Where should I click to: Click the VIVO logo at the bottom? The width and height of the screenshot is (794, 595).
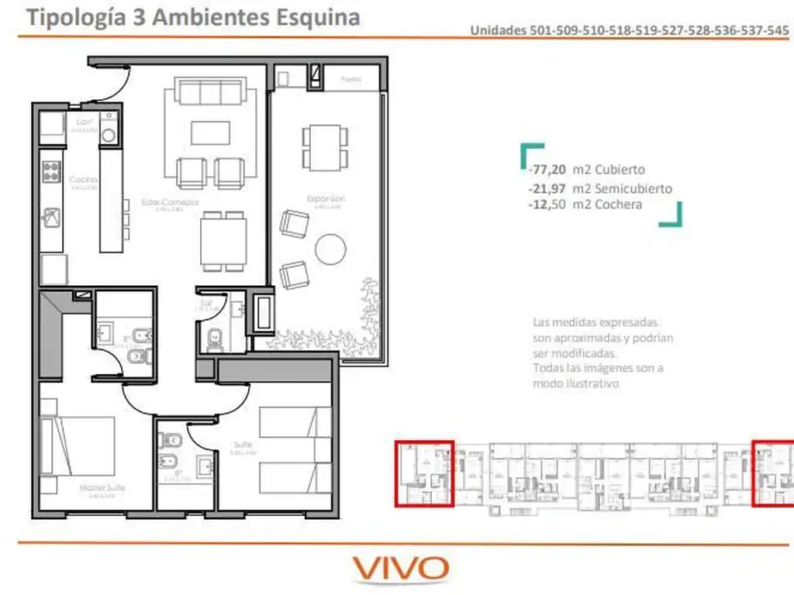click(401, 568)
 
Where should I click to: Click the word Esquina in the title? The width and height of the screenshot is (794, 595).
click(318, 17)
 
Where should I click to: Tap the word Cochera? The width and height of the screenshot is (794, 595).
click(619, 205)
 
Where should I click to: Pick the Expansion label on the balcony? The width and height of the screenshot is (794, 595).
click(326, 199)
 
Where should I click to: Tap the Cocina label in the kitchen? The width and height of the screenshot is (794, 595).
click(84, 180)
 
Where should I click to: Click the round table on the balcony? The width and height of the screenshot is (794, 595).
click(330, 249)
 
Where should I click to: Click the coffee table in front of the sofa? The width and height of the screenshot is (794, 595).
click(210, 133)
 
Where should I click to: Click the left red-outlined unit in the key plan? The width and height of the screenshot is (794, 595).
click(424, 473)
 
